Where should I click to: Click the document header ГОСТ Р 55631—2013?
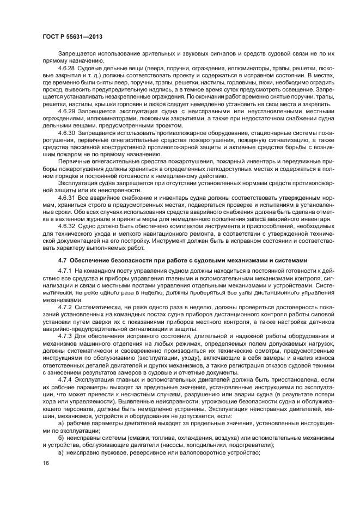pyautogui.click(x=72, y=36)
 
